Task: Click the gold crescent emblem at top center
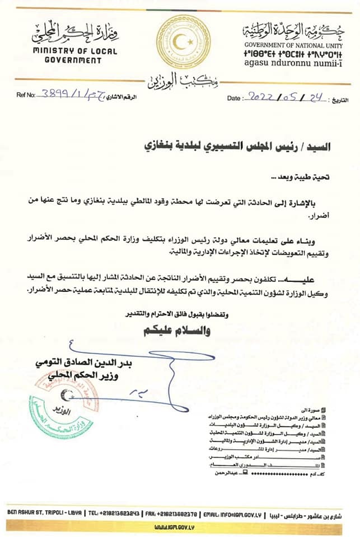[183, 43]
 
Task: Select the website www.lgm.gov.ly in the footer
[179, 526]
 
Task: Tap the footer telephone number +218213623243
[114, 512]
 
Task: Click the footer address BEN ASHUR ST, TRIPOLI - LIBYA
[46, 512]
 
